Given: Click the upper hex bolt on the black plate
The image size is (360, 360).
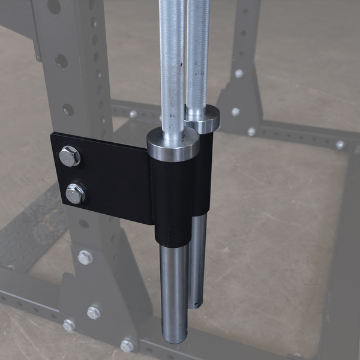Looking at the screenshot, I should tap(69, 157).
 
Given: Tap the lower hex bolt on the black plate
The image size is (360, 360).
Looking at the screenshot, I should tap(75, 193).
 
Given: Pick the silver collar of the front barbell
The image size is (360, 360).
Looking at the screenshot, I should tap(173, 144).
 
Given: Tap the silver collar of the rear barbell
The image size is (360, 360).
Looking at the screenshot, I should tap(202, 119).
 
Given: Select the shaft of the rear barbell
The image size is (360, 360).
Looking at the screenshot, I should tap(197, 54).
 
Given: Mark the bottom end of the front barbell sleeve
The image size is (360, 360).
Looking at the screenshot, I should tap(175, 336).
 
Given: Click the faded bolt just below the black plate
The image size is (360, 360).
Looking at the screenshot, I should tap(85, 257).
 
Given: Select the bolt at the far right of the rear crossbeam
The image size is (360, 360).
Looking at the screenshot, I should tap(340, 145).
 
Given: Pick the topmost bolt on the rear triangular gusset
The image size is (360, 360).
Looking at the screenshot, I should tap(239, 73).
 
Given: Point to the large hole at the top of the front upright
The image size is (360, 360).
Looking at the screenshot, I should tap(54, 7).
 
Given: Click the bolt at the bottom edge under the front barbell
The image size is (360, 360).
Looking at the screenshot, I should tap(127, 346).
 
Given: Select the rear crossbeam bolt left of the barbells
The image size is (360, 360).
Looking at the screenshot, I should tap(133, 114).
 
